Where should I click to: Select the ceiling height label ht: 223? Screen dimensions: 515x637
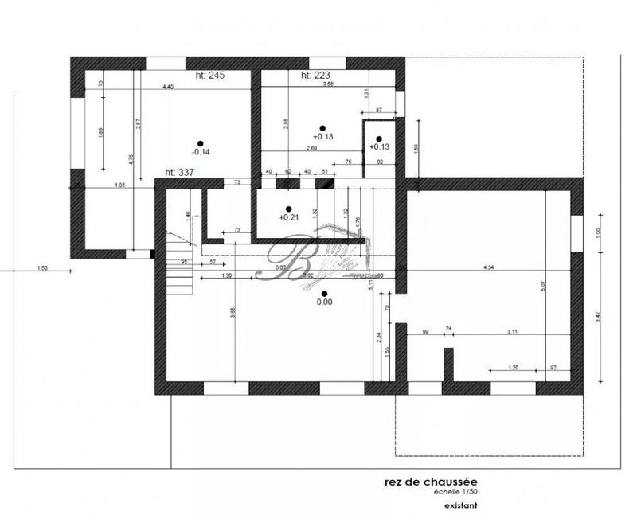click(315, 76)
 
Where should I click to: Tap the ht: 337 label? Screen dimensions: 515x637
click(181, 172)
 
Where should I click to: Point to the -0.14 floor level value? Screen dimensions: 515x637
click(201, 151)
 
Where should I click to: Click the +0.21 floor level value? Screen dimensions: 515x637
click(287, 217)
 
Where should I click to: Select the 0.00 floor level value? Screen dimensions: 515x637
click(324, 302)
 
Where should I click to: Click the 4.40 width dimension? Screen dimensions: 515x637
click(169, 86)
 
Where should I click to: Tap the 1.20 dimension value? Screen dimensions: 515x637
click(514, 368)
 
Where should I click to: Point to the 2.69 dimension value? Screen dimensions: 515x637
click(312, 148)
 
